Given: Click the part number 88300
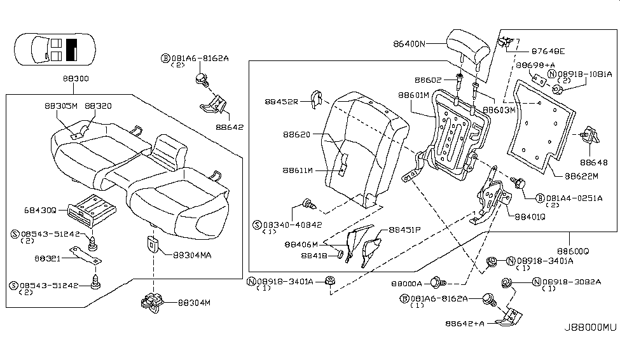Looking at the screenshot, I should (x=76, y=78).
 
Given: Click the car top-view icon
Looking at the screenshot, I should (x=55, y=49).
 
